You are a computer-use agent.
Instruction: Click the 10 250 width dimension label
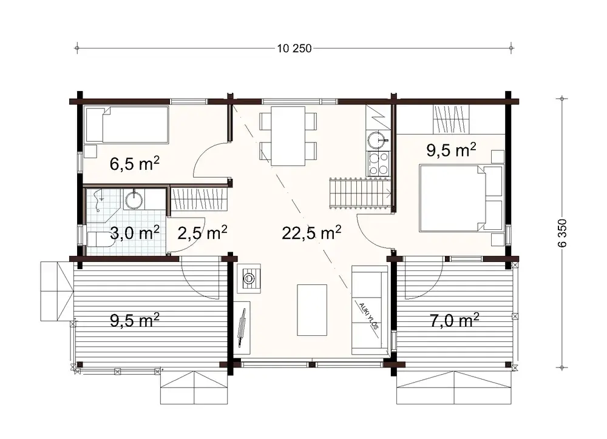tap(294, 49)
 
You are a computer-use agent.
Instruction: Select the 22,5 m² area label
tap(311, 232)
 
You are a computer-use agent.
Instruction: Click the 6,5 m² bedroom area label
tap(135, 163)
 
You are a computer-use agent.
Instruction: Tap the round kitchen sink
tap(378, 140)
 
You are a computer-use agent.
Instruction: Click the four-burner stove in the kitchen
tap(378, 164)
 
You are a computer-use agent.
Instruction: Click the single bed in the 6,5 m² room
tap(127, 125)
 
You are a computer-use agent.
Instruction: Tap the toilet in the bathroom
tap(100, 241)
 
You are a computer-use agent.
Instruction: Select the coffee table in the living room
tap(312, 309)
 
